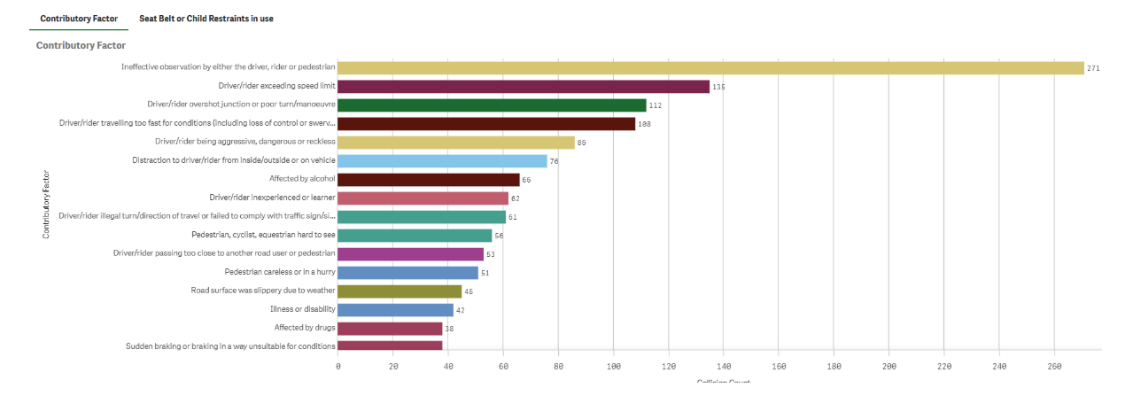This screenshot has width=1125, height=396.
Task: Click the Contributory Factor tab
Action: pyautogui.click(x=79, y=18)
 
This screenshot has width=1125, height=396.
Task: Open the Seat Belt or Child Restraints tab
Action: pyautogui.click(x=206, y=18)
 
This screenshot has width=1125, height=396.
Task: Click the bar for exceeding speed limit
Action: pyautogui.click(x=524, y=86)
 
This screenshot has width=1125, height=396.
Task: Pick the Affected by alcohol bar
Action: pyautogui.click(x=429, y=179)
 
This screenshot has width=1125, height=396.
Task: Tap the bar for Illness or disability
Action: pyautogui.click(x=395, y=309)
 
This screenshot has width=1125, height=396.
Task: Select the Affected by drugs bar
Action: pyautogui.click(x=390, y=328)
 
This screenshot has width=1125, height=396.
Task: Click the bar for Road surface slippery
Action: pyautogui.click(x=400, y=291)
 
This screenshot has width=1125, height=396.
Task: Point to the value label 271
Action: pyautogui.click(x=1093, y=68)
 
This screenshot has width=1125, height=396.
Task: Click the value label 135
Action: pyautogui.click(x=718, y=87)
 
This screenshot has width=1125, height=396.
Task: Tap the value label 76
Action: pyautogui.click(x=555, y=161)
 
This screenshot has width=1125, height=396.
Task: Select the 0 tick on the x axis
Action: pyautogui.click(x=338, y=365)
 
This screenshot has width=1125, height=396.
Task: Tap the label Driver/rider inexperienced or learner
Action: pyautogui.click(x=272, y=198)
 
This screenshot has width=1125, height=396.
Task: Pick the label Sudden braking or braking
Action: pyautogui.click(x=230, y=346)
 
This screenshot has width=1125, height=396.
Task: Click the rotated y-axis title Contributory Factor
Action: pyautogui.click(x=45, y=205)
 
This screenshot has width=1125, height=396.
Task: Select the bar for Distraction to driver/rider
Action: pyautogui.click(x=442, y=160)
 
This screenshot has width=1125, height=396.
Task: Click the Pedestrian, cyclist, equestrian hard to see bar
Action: pyautogui.click(x=415, y=235)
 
